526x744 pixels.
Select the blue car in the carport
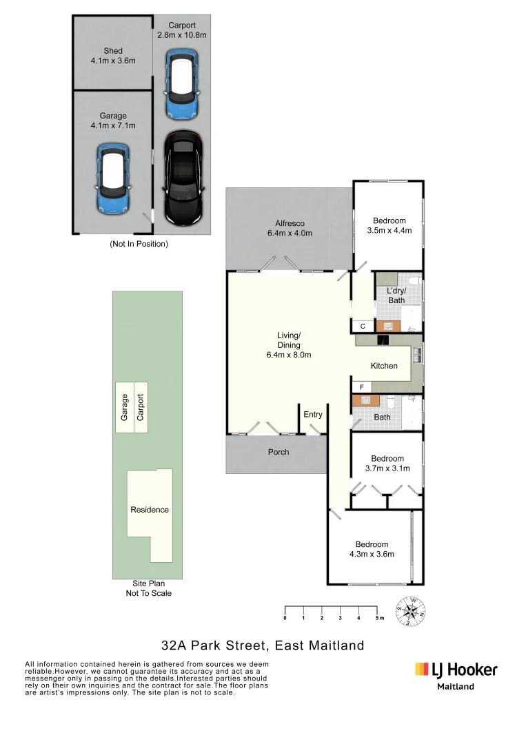click(182, 76)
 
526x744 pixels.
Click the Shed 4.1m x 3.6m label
click(113, 56)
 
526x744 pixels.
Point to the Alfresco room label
click(290, 228)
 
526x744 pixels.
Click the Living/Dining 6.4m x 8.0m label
click(290, 345)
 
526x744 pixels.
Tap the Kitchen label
click(384, 366)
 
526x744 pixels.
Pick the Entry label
click(313, 415)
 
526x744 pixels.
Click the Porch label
click(279, 452)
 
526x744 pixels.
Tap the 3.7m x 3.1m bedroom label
click(387, 464)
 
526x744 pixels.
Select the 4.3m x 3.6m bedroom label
click(372, 548)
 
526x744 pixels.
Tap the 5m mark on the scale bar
click(378, 619)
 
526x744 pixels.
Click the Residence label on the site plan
click(150, 510)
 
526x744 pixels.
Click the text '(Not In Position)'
click(139, 244)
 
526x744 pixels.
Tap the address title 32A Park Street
click(262, 645)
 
